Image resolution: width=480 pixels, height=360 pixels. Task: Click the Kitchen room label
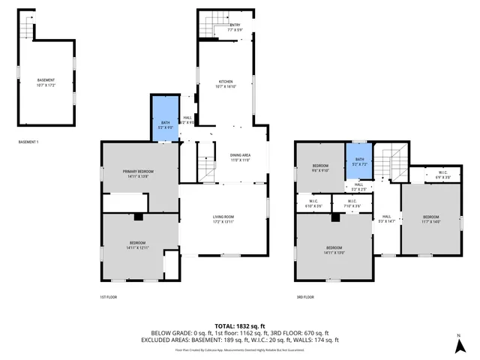pos(226,83)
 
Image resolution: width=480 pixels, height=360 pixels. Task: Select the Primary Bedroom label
pos(141,173)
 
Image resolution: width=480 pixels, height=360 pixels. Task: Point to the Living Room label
pos(223,218)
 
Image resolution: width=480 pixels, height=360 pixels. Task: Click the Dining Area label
pos(240,157)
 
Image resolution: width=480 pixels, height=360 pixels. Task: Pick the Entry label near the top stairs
pos(235,27)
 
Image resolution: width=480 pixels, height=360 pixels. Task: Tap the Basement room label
pos(46,82)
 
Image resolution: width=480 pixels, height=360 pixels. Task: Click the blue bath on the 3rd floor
pos(359,161)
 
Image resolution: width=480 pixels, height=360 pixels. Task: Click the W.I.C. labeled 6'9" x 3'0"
pos(442,175)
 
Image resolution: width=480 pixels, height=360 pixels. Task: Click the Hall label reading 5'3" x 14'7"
pos(387,218)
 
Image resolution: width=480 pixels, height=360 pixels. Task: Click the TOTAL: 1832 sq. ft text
pos(240,325)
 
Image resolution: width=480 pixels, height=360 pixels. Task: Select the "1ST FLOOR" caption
pos(109,297)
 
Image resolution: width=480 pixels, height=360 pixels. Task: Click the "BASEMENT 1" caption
pos(28,142)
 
